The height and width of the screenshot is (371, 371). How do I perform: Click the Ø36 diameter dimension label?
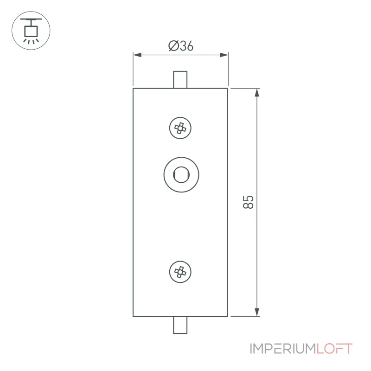pyautogui.click(x=181, y=46)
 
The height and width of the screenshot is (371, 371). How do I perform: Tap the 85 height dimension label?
pyautogui.click(x=248, y=202)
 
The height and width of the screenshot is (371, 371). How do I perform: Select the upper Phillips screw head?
pyautogui.click(x=180, y=128)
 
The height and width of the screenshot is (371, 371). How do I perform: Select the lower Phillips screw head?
pyautogui.click(x=180, y=272)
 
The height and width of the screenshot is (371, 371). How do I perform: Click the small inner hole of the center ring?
pyautogui.click(x=181, y=175)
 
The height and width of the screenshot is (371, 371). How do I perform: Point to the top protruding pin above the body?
pyautogui.click(x=180, y=80)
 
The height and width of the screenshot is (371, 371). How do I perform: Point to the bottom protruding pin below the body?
pyautogui.click(x=180, y=325)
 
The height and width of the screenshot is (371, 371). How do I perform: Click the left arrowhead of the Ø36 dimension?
pyautogui.click(x=137, y=55)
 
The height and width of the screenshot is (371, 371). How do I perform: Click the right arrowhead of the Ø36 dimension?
pyautogui.click(x=224, y=55)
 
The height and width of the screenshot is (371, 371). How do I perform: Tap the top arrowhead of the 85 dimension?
pyautogui.click(x=257, y=92)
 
